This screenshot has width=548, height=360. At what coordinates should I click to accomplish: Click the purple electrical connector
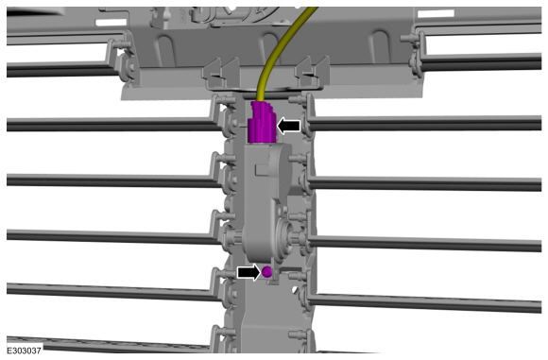click(x=262, y=121)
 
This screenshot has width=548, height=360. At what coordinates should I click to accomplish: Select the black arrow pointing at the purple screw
click(x=248, y=272)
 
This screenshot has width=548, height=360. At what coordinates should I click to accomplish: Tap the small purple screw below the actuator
click(x=267, y=272)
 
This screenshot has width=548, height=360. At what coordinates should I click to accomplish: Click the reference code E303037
click(x=24, y=351)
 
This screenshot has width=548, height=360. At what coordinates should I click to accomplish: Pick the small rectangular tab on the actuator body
click(x=262, y=169)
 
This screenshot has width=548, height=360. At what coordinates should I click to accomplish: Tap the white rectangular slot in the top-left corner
click(x=111, y=23)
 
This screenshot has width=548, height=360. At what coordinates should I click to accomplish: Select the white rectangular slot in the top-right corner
click(x=436, y=13)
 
